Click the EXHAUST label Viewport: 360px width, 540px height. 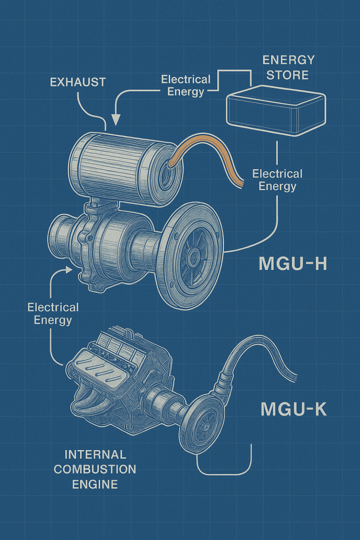coord(78,82)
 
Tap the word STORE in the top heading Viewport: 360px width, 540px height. coord(288,75)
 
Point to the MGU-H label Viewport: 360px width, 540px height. coord(293,264)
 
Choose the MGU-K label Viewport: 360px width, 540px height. coord(293,409)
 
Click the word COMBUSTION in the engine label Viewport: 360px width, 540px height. coord(95,469)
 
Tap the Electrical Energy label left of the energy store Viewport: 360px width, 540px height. coord(186,85)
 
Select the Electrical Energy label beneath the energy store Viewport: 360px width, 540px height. coord(277,179)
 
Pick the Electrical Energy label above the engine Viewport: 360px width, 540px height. coord(53,313)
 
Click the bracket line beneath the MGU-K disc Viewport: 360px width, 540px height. coord(225,473)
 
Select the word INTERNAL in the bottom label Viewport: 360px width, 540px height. coord(95,455)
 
